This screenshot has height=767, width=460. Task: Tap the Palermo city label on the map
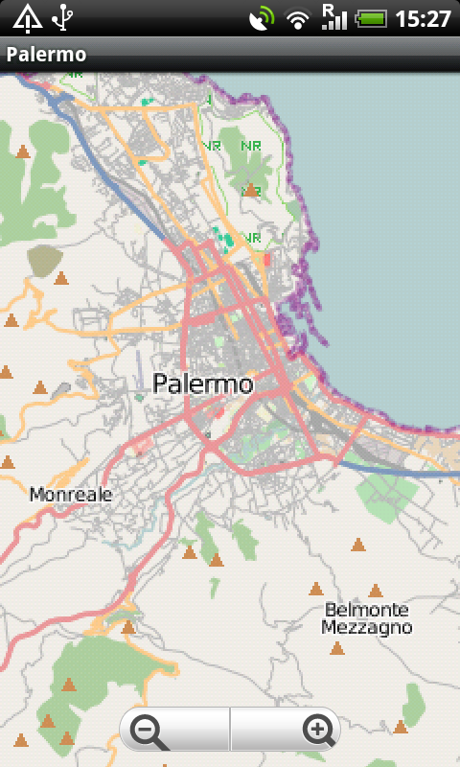203,384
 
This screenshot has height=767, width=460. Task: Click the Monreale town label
71,495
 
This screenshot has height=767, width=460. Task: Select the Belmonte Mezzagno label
366,618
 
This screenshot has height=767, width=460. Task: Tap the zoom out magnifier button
150,732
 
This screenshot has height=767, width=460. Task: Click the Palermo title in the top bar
46,55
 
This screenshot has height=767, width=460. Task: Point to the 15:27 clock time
423,18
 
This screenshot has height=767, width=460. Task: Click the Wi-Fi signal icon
299,18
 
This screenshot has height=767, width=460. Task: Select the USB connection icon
63,17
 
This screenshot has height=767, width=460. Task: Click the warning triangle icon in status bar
27,17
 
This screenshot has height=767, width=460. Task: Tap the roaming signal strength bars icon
333,16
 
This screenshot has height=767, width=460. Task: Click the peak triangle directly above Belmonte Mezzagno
376,591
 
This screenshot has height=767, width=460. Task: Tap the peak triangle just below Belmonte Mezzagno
336,649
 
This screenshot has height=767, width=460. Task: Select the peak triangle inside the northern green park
250,190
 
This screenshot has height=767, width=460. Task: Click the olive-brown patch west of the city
43,259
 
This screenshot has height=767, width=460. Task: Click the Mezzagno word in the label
366,628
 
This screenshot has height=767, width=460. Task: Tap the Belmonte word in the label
366,610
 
